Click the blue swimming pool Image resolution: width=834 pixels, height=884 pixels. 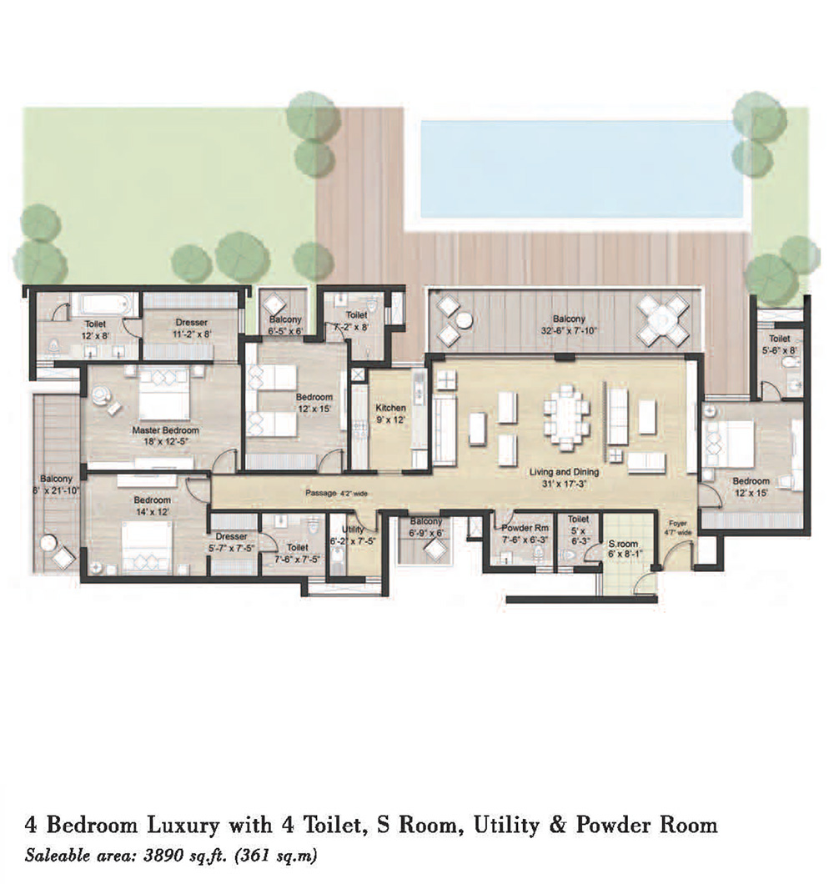[581, 167]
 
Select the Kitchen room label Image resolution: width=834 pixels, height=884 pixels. [390, 408]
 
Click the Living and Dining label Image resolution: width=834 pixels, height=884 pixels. [564, 472]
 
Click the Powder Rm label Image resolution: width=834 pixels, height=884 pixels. [518, 529]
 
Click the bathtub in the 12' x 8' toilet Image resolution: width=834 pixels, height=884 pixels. [99, 304]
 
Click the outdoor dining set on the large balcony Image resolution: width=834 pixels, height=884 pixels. [663, 319]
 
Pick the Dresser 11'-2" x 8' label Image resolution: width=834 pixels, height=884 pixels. [191, 328]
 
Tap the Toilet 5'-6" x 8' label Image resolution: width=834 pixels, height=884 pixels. [780, 345]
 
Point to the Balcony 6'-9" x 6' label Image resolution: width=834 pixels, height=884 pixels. [425, 527]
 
